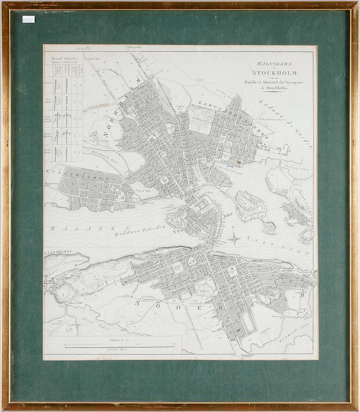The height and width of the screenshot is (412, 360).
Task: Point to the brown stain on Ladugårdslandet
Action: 232,159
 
